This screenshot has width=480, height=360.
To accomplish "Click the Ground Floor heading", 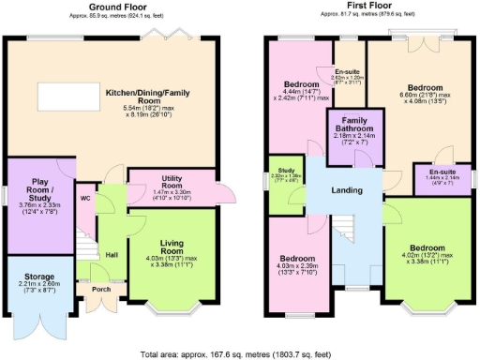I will (117, 6).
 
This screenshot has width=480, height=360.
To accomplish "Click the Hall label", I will (111, 254).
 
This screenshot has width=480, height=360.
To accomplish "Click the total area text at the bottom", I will (240, 353).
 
